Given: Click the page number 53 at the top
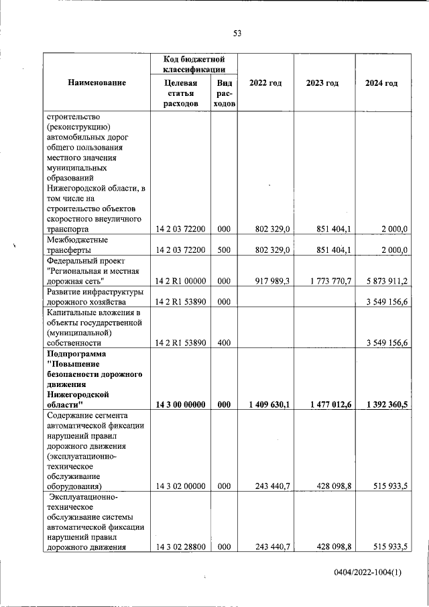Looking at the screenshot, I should pos(237,34).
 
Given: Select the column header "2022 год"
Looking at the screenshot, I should pos(265,83).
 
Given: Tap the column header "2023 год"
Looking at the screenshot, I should pos(322,83).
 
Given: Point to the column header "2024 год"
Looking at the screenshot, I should pos(381,83).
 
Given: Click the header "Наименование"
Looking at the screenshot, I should pos(97,83).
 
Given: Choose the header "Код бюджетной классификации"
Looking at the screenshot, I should pos(194,64).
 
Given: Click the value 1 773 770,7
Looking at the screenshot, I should pos(326,280).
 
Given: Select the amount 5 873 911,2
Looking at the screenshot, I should pos(384,280).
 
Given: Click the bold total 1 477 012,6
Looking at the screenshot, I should pos(326,404).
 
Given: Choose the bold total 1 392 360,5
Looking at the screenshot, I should pos(384,404).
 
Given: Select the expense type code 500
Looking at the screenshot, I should pos(224,250).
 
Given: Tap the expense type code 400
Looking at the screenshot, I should pos(224,343).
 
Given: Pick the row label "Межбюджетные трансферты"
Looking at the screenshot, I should pos(78,244).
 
